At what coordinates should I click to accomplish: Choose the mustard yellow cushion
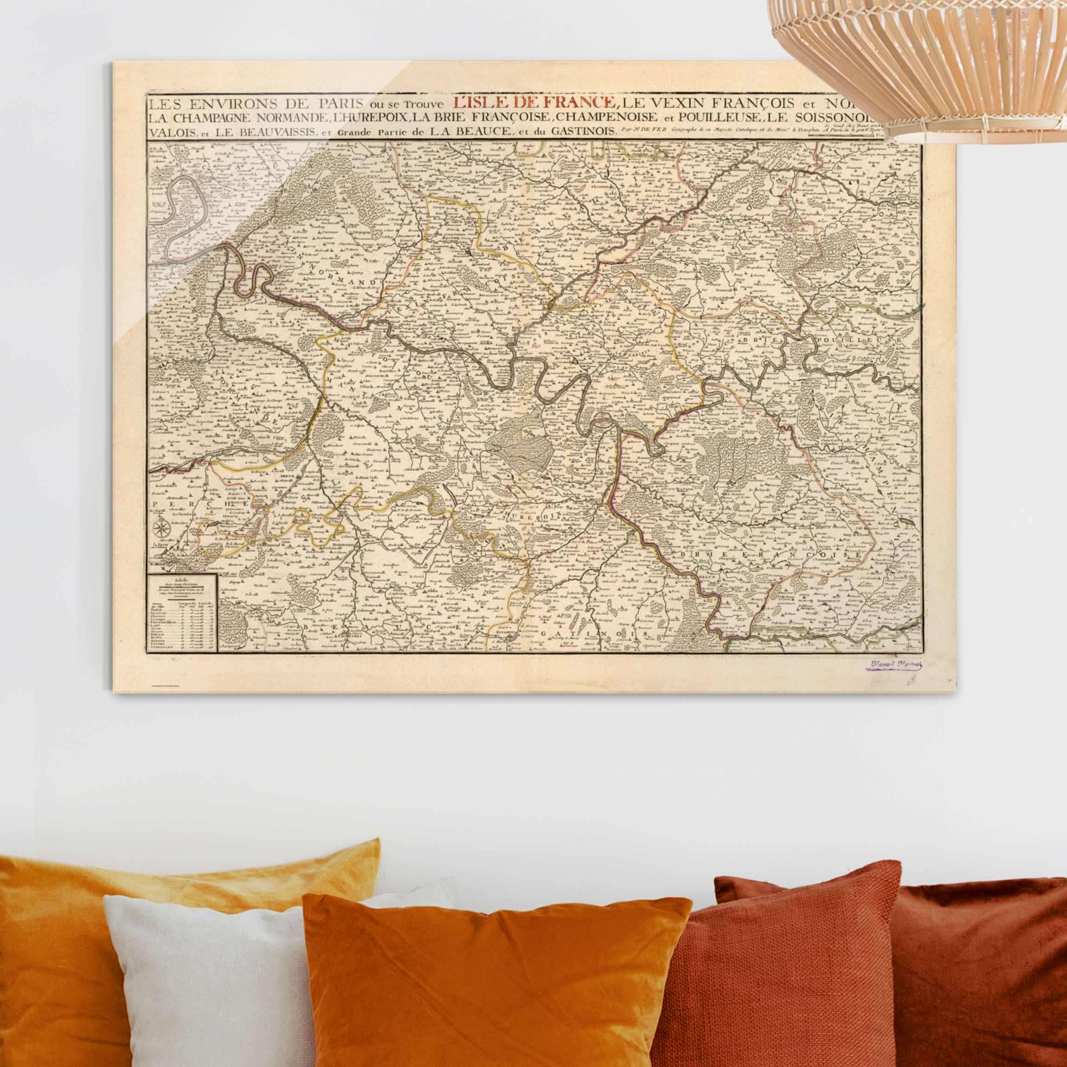[138, 895]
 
